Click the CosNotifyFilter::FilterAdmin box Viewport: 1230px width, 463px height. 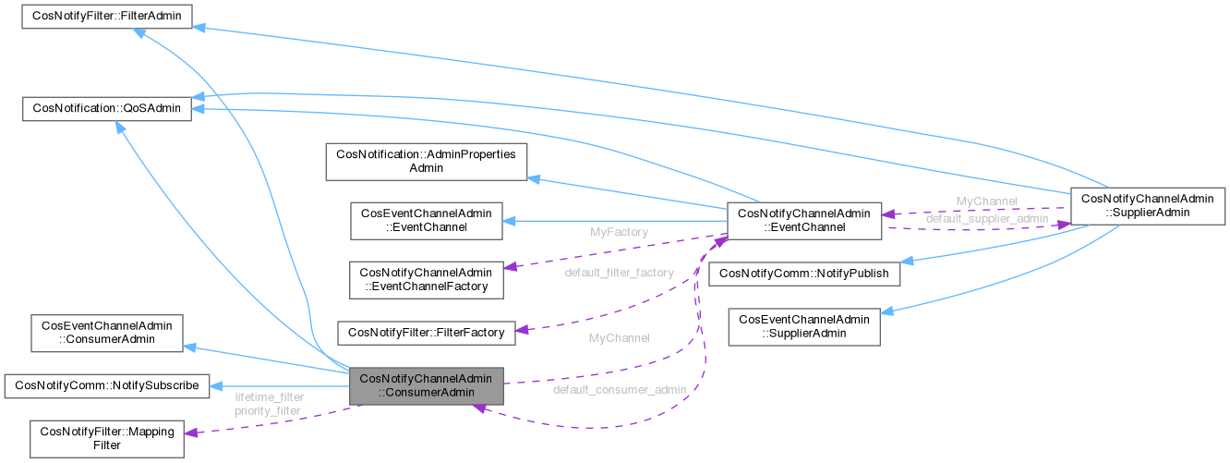point(107,17)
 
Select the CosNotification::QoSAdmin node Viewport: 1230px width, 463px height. point(107,109)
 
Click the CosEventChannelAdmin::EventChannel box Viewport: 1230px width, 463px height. point(426,221)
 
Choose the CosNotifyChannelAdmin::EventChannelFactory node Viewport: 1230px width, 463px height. point(426,279)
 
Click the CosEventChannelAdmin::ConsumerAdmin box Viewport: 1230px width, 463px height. point(106,333)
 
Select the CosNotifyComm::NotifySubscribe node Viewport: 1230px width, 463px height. point(107,385)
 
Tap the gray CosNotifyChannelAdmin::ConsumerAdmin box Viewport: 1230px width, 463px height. point(426,385)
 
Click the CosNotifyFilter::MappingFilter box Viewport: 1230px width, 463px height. point(106,438)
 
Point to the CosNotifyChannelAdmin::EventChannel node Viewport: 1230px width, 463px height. point(806,221)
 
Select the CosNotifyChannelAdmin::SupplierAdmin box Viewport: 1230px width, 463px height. point(1147,204)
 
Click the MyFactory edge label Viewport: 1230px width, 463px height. point(619,233)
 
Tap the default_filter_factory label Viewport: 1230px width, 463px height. point(620,273)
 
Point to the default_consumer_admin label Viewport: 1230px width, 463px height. point(620,390)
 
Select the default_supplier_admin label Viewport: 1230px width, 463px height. point(987,218)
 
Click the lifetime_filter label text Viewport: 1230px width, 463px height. point(268,396)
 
